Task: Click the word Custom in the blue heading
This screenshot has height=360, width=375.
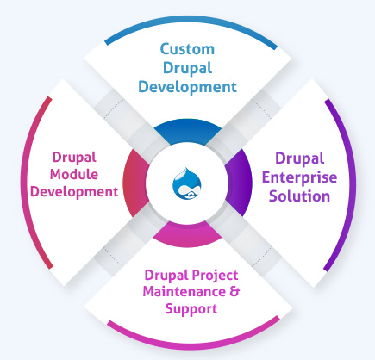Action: pos(187,49)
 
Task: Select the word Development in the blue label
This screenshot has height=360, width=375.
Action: pos(187,86)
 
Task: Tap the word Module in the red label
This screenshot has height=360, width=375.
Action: pos(73,175)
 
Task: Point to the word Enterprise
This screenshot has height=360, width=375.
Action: pos(297,177)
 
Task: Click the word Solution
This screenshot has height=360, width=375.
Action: pos(297,196)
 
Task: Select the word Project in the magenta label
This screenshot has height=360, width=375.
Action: pos(212,275)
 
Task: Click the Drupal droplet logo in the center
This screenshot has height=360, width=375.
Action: pos(187,181)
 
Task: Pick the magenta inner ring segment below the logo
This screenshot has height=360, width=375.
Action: pos(187,230)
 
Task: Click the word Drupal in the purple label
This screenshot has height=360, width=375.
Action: pos(297,158)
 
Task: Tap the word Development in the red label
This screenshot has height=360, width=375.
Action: pos(73,191)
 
